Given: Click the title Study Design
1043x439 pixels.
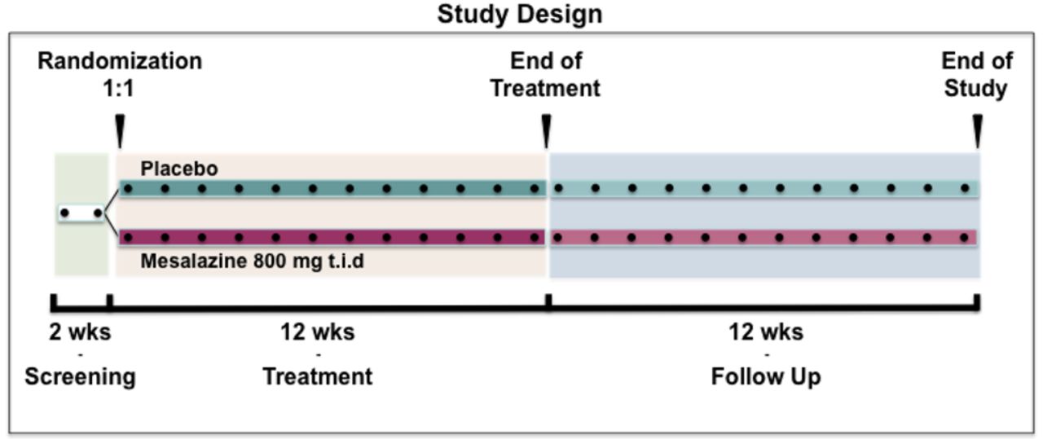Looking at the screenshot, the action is [x=520, y=15].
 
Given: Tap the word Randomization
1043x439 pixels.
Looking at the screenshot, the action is [x=120, y=61].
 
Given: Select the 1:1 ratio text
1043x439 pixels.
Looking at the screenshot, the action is [x=119, y=89].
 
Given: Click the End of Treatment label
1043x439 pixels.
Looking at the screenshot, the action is [x=546, y=74].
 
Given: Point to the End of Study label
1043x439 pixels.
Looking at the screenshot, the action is [x=977, y=74].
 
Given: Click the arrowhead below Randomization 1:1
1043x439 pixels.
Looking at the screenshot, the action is [x=120, y=131].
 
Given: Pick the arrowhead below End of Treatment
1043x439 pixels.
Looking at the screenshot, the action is [x=547, y=131].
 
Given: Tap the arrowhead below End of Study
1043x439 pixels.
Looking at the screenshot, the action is [x=978, y=131].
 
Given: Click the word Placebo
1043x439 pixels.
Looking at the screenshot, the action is [x=179, y=169].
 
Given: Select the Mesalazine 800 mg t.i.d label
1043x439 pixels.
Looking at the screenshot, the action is [x=253, y=261].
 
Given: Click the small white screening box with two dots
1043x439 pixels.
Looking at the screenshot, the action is [x=81, y=213].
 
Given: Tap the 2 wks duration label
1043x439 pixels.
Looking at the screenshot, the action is [x=80, y=332].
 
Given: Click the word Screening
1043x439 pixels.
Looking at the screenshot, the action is [x=80, y=376].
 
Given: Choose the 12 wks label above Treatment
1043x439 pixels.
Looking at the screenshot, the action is [x=318, y=332].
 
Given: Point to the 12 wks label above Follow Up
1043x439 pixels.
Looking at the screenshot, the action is [x=766, y=332].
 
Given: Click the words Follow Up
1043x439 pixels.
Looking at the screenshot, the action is [x=766, y=376].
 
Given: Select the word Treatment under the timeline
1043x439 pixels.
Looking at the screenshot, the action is [x=318, y=376].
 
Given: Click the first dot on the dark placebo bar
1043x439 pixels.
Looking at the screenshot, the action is [x=128, y=188].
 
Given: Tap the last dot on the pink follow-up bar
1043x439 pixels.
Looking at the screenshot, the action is [x=964, y=238].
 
